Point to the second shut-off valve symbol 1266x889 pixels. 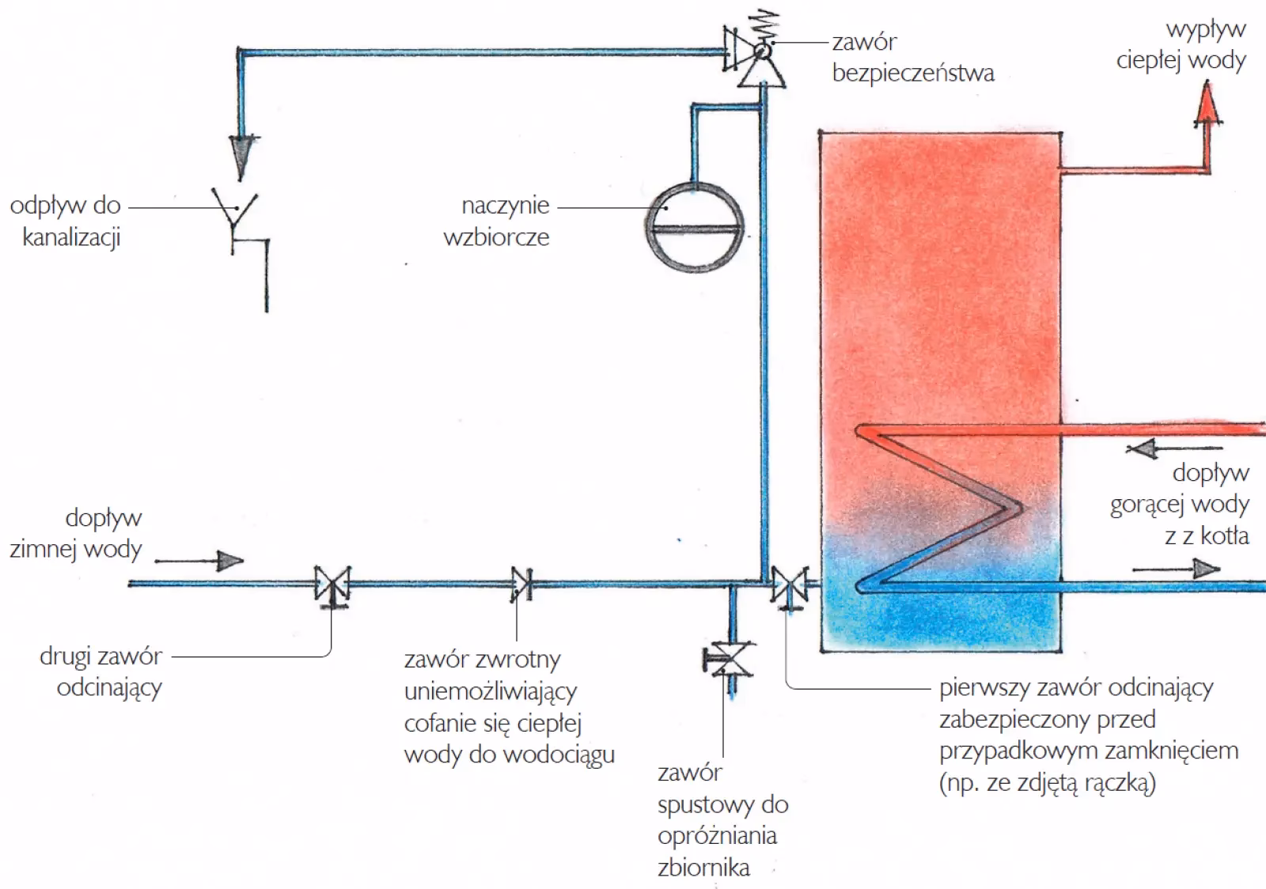coord(332,585)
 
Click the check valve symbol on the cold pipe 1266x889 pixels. coord(521,584)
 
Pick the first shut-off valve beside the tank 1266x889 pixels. coord(789,586)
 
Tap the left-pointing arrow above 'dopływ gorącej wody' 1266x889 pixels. coord(1143,449)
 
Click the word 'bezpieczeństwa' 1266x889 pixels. coord(913,74)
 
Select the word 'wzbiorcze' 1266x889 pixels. coord(496,238)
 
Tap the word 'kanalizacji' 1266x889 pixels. coord(71,238)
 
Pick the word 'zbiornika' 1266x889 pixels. coord(703,868)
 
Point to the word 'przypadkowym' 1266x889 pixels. coord(1017,751)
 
